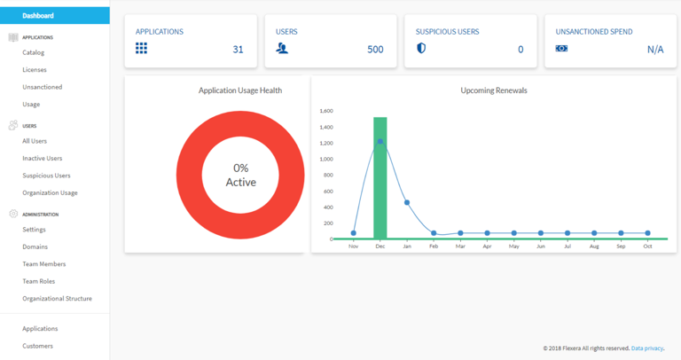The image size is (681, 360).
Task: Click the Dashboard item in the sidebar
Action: click(x=38, y=16)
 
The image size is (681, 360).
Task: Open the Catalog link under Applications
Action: click(x=34, y=52)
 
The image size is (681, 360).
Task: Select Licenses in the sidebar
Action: click(x=35, y=69)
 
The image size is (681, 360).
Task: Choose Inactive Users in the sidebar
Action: click(x=43, y=158)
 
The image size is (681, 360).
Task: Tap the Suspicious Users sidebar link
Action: click(x=46, y=176)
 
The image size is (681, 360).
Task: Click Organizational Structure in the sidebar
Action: click(x=57, y=299)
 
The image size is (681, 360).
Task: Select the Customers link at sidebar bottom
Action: click(x=37, y=346)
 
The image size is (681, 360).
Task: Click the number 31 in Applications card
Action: click(x=238, y=50)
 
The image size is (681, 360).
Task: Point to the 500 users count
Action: click(x=375, y=50)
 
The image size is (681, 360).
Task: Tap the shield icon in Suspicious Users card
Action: click(x=421, y=49)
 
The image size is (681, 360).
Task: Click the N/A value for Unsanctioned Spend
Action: click(x=655, y=50)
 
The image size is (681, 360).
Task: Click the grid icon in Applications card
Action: click(x=141, y=49)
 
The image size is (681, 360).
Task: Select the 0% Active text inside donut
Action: click(x=240, y=175)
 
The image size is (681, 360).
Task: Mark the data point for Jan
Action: click(x=407, y=202)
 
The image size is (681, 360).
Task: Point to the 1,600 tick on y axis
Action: click(x=325, y=111)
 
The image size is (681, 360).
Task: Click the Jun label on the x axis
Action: click(x=541, y=246)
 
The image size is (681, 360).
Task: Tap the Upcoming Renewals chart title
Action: click(x=494, y=90)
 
